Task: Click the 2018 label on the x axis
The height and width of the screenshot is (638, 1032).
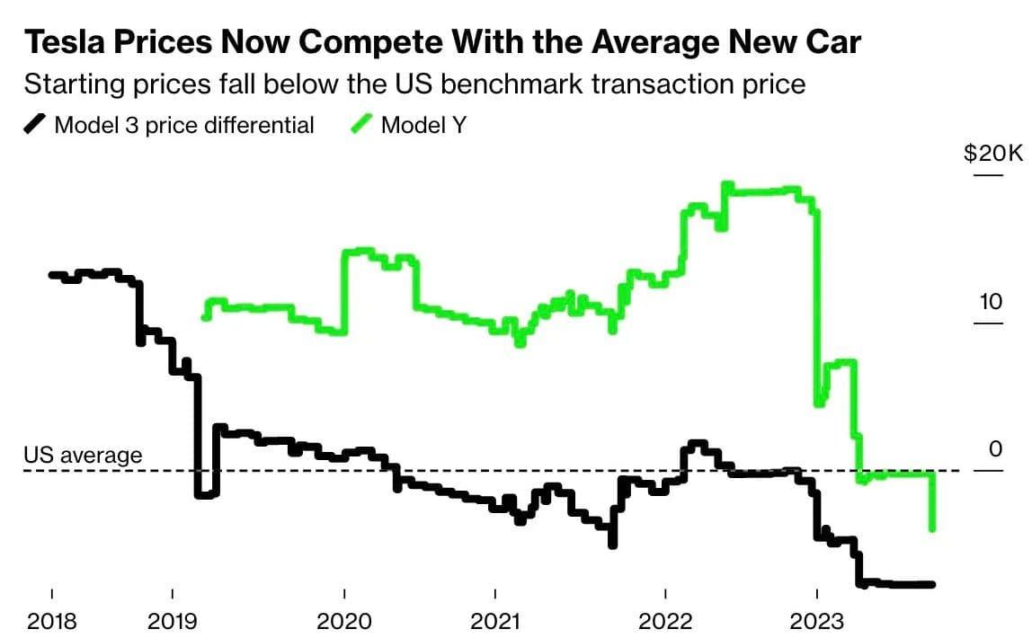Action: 51,621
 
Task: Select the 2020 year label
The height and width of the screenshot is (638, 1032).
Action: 344,621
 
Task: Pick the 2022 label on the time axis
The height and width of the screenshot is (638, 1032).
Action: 664,621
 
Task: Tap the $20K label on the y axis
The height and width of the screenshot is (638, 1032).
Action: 992,153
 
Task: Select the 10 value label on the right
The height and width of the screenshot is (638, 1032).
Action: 990,301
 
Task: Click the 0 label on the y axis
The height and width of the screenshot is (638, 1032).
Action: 995,449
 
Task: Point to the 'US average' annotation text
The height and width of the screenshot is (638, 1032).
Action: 83,456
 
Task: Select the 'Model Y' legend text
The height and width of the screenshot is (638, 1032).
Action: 423,125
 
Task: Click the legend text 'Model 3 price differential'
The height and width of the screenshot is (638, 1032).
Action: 184,125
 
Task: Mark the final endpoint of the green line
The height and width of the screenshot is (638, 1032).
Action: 932,528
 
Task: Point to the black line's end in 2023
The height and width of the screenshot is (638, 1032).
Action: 932,584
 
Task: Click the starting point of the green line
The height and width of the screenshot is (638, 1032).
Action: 206,316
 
